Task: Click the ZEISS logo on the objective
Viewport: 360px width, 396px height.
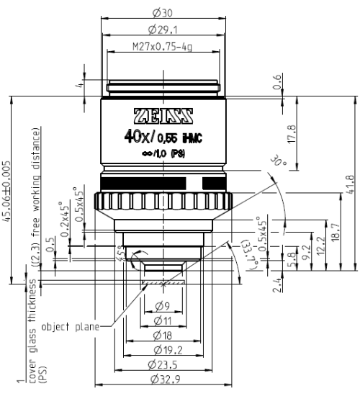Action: (x=163, y=116)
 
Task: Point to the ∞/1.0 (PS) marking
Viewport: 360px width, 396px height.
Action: (x=163, y=155)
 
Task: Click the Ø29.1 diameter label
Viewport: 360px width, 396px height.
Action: (x=163, y=30)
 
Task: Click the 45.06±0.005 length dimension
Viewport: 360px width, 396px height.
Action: (x=7, y=192)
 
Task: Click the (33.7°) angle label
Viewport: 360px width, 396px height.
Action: (x=242, y=257)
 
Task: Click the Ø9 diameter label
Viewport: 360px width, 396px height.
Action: (x=163, y=305)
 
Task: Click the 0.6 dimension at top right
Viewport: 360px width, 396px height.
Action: (x=292, y=88)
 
